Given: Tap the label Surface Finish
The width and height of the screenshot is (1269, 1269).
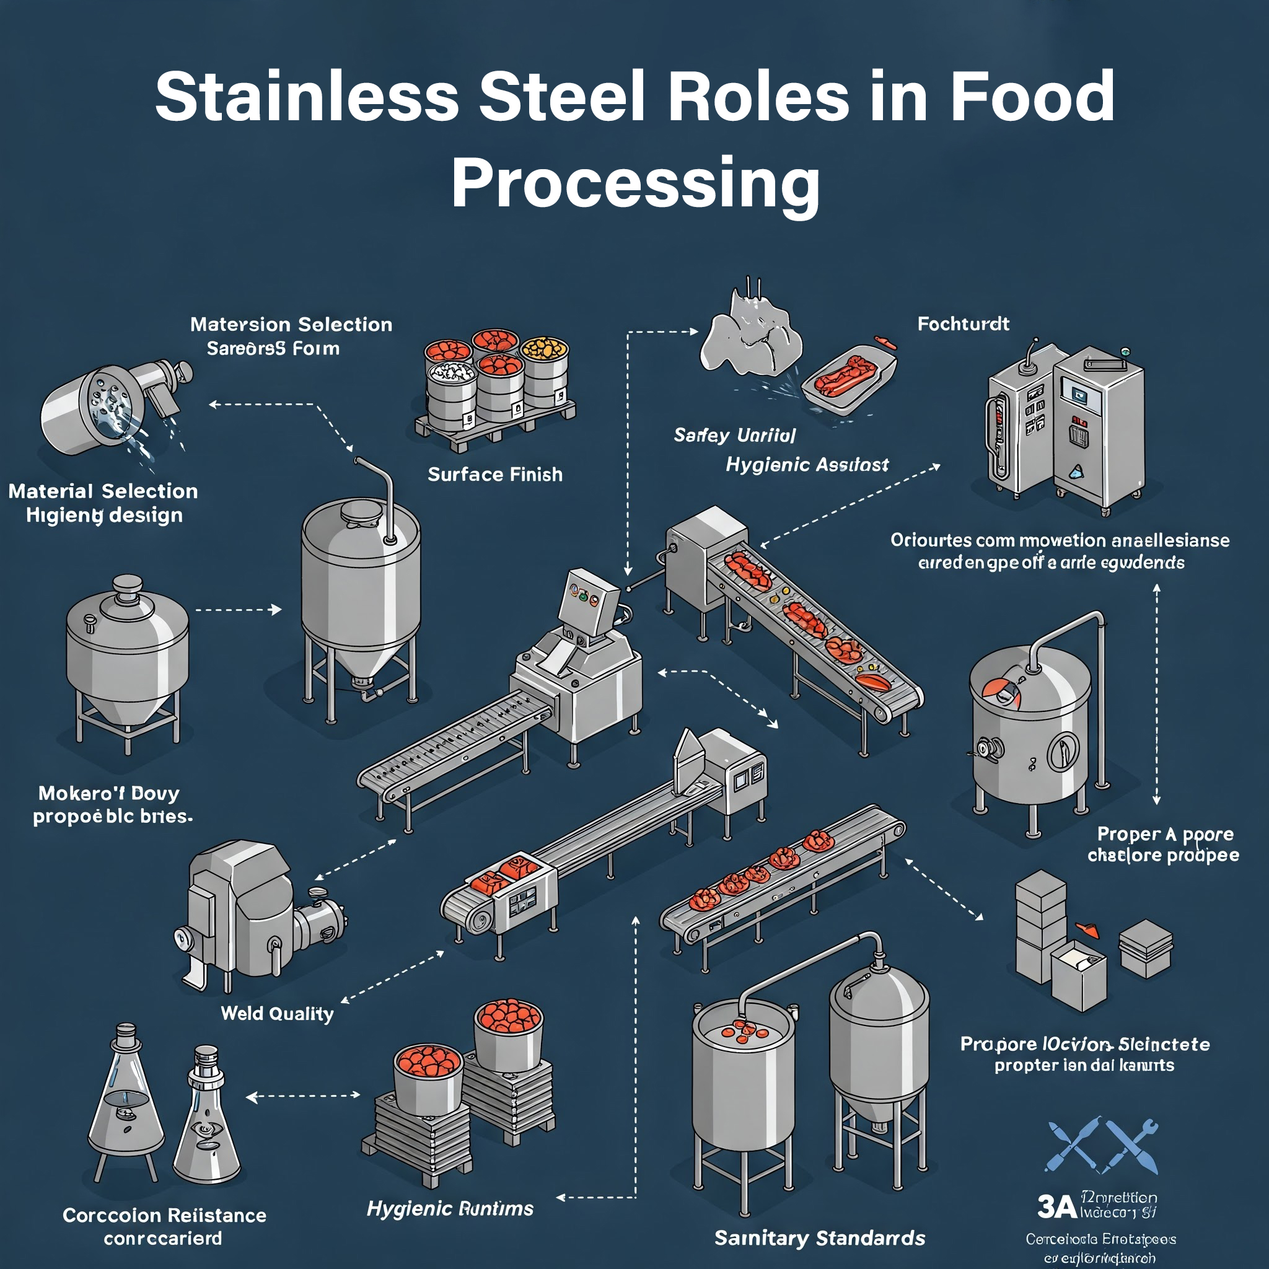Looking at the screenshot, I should tap(494, 474).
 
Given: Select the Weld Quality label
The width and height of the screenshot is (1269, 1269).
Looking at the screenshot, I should tap(276, 1014).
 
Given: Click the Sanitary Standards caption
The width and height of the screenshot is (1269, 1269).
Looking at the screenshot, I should tap(819, 1237).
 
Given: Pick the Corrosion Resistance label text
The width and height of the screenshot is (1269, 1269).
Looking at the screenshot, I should tap(164, 1215).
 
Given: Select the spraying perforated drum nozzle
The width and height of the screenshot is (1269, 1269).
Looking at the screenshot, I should tap(99, 407).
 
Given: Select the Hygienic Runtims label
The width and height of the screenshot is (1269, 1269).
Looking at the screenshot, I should tap(450, 1208).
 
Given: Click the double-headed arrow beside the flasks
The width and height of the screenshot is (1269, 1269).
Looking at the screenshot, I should tap(303, 1095).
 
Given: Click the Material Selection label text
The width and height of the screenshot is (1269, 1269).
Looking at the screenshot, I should tap(102, 491).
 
